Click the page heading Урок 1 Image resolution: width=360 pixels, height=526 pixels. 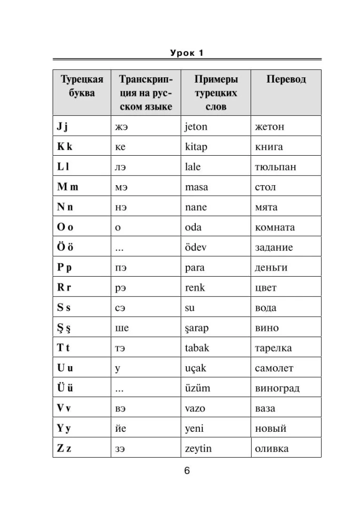pyautogui.click(x=187, y=53)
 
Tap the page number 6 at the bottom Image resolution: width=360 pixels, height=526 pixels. pyautogui.click(x=187, y=470)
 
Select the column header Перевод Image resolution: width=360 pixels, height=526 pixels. pyautogui.click(x=286, y=80)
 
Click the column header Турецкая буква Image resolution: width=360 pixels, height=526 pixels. pyautogui.click(x=82, y=86)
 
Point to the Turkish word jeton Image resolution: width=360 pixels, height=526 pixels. pyautogui.click(x=196, y=127)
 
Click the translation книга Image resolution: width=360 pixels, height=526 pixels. pyautogui.click(x=268, y=147)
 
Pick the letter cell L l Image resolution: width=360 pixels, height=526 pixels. pyautogui.click(x=63, y=167)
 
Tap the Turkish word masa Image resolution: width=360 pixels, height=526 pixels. pyautogui.click(x=196, y=187)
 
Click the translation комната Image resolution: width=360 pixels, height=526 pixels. pyautogui.click(x=275, y=227)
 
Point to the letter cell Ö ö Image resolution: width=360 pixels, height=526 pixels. pyautogui.click(x=65, y=247)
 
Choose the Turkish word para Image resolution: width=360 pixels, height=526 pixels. pyautogui.click(x=195, y=267)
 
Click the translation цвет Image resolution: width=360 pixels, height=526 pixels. pyautogui.click(x=266, y=288)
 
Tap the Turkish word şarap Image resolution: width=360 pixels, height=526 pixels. pyautogui.click(x=197, y=328)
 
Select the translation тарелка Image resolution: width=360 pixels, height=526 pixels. pyautogui.click(x=273, y=348)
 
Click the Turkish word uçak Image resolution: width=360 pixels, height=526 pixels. pyautogui.click(x=195, y=368)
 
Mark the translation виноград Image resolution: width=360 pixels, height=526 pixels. pyautogui.click(x=277, y=388)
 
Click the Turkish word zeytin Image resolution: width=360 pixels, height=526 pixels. pyautogui.click(x=199, y=449)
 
